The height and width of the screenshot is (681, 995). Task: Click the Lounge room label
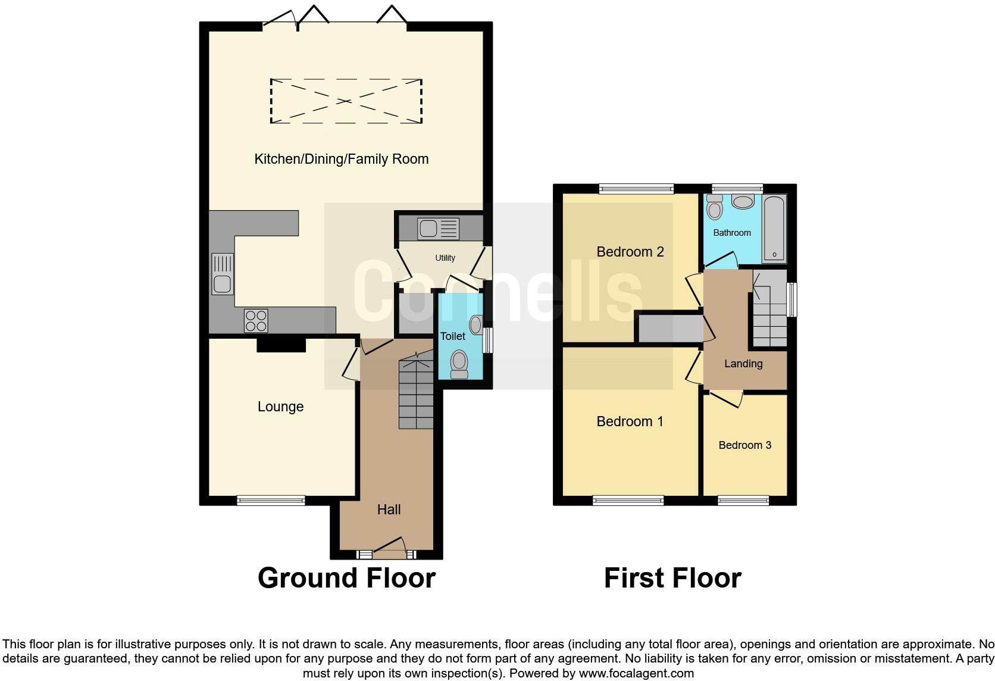pyautogui.click(x=280, y=407)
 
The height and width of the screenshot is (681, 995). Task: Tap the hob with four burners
pyautogui.click(x=256, y=321)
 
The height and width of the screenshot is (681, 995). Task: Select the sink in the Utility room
pyautogui.click(x=439, y=229)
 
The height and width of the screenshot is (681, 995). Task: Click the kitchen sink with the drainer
pyautogui.click(x=223, y=274)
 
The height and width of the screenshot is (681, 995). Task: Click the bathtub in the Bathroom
pyautogui.click(x=774, y=229)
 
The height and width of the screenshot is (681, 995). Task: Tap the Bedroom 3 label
pyautogui.click(x=744, y=445)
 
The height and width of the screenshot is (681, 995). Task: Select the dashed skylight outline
pyautogui.click(x=346, y=101)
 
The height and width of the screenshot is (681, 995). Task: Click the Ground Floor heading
pyautogui.click(x=346, y=578)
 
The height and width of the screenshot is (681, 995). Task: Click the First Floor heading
pyautogui.click(x=672, y=578)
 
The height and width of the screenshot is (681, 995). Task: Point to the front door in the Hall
pyautogui.click(x=387, y=546)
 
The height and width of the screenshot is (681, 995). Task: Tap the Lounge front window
pyautogui.click(x=271, y=501)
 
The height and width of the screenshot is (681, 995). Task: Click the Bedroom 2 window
pyautogui.click(x=636, y=189)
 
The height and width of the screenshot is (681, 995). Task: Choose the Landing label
pyautogui.click(x=743, y=364)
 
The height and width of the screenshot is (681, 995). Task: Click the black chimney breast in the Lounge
pyautogui.click(x=281, y=345)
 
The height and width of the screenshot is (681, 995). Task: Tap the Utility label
pyautogui.click(x=445, y=258)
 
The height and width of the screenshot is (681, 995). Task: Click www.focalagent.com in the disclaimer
pyautogui.click(x=636, y=674)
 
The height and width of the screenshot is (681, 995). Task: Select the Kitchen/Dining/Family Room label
pyautogui.click(x=341, y=159)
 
